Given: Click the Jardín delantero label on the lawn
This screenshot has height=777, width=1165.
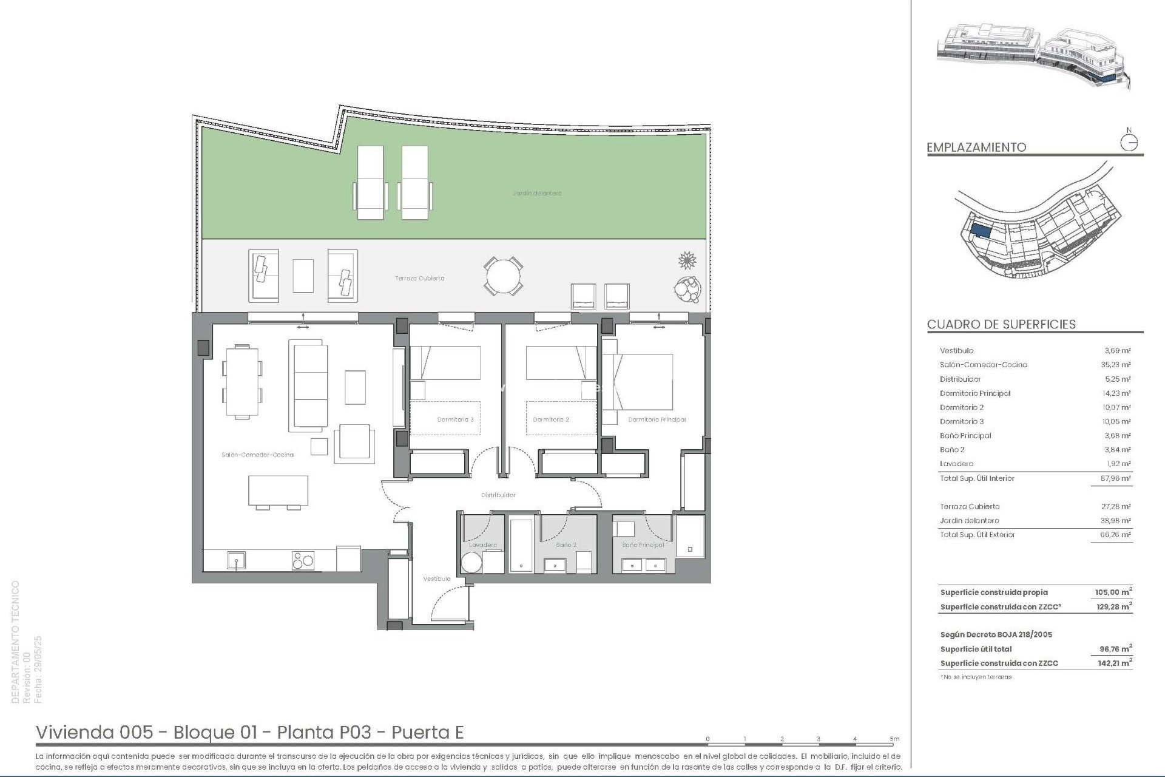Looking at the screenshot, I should tap(537, 194).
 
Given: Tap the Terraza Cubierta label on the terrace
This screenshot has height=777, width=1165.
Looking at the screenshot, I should tap(420, 279).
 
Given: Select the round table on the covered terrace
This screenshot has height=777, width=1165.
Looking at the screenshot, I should tap(503, 276).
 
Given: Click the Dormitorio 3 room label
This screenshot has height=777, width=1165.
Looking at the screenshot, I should tap(455, 419).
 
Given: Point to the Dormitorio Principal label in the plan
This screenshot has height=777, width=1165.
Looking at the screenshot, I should tap(657, 419).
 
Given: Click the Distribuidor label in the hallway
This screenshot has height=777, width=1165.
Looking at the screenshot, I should tap(498, 495).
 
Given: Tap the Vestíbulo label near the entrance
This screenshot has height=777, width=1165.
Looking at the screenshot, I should tap(437, 579).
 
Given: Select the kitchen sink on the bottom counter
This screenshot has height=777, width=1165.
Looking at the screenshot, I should tap(236, 560).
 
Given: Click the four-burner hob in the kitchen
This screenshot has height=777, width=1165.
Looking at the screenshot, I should tap(303, 560).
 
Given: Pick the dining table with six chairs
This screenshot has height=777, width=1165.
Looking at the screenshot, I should tap(242, 382).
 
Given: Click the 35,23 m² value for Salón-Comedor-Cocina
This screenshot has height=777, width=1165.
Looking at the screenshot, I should tap(1117, 365).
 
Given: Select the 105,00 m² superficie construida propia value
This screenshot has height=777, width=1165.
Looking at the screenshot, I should tap(1113, 592).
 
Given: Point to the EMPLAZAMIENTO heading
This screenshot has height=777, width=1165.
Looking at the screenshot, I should tap(976, 148).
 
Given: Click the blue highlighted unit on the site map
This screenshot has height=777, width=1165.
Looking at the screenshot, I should tap(981, 231).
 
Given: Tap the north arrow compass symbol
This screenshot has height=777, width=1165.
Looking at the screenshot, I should tap(1129, 142).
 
